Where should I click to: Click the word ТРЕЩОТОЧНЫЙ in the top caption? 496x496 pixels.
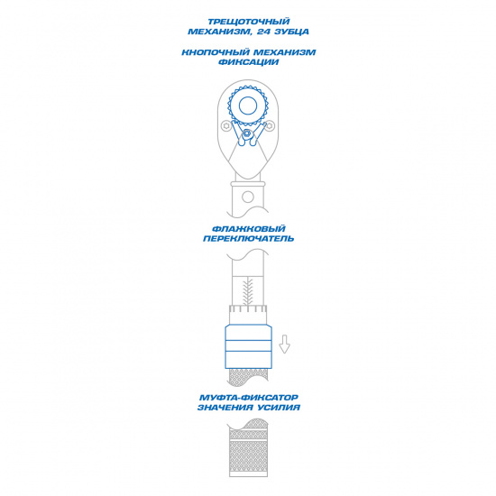(x=248, y=22)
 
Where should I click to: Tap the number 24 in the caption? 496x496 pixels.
(x=264, y=32)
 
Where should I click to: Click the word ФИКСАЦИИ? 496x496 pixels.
(x=249, y=62)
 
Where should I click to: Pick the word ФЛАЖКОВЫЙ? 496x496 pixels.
(x=249, y=229)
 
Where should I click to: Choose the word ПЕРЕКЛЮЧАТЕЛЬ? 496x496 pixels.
(x=249, y=238)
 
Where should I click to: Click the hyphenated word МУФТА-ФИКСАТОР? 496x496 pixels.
(x=249, y=398)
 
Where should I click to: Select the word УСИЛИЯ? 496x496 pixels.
(x=279, y=408)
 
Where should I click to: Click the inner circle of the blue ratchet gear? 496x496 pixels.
(x=248, y=106)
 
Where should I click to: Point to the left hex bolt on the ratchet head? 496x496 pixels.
(x=226, y=126)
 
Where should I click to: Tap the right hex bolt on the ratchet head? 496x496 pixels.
(x=270, y=126)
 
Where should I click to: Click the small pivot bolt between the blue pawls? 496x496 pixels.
(x=247, y=135)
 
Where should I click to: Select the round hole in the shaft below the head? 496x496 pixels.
(x=248, y=197)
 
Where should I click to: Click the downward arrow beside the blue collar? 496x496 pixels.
(x=284, y=344)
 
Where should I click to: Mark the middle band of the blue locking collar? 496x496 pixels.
(x=248, y=345)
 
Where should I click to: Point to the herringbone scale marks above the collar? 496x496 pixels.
(x=248, y=291)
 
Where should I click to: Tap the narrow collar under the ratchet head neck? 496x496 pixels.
(x=248, y=184)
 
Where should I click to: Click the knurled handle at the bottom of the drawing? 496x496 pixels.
(x=248, y=448)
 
